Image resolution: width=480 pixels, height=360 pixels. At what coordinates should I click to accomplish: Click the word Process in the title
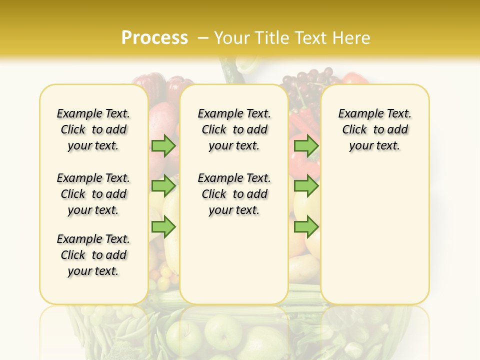pos(154,38)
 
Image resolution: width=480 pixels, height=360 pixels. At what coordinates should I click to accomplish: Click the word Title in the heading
pos(271,38)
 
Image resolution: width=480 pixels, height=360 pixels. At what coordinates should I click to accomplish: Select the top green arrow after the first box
pos(163,145)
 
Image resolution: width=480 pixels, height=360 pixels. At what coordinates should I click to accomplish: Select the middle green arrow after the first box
pos(163,186)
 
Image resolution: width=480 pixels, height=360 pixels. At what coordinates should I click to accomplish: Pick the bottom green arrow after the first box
pos(163,227)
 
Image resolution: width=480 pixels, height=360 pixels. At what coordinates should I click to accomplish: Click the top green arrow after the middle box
pos(306,145)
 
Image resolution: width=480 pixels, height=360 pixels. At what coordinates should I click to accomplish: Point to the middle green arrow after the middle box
pos(306,186)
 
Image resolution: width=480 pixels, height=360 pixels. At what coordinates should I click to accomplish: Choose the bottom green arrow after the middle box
pos(306,227)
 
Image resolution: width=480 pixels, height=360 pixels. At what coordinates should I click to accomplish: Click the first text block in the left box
pos(93,129)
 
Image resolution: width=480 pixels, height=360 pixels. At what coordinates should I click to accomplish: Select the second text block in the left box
pos(93,194)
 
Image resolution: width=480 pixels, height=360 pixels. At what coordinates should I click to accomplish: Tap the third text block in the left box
pos(93,255)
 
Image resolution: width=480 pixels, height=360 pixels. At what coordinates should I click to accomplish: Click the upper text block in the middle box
pos(234,129)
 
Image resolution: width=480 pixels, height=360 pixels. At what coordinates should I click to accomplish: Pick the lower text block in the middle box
pos(234,194)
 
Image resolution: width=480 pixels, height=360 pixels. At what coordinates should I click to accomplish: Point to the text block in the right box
pos(374,129)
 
